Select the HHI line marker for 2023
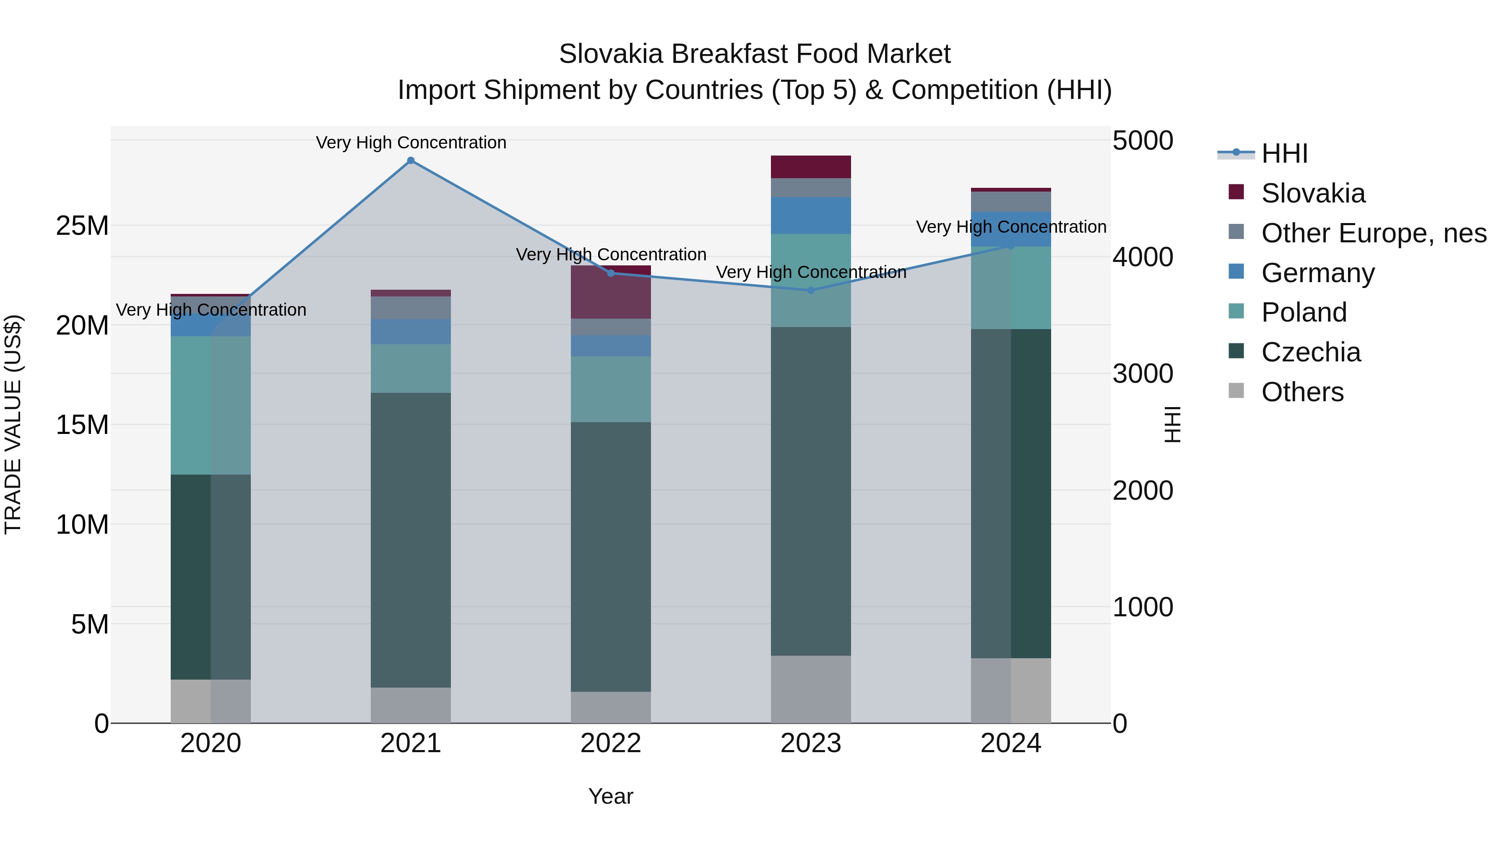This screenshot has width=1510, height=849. click(811, 290)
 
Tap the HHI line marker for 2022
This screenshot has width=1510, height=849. click(611, 273)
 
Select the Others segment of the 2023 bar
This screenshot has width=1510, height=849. click(811, 688)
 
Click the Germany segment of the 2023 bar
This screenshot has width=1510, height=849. click(811, 215)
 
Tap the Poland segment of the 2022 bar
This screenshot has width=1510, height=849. click(611, 389)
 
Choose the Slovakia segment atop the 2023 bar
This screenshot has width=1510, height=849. click(811, 166)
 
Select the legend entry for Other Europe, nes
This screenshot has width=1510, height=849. click(1373, 233)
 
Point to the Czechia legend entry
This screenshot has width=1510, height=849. click(1311, 352)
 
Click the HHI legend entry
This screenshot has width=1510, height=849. click(1284, 153)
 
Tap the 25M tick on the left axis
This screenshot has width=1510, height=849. click(82, 226)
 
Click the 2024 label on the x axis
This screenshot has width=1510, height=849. click(1010, 743)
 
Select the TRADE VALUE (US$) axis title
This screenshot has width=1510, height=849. click(13, 424)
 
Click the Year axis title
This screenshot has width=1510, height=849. click(611, 796)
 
